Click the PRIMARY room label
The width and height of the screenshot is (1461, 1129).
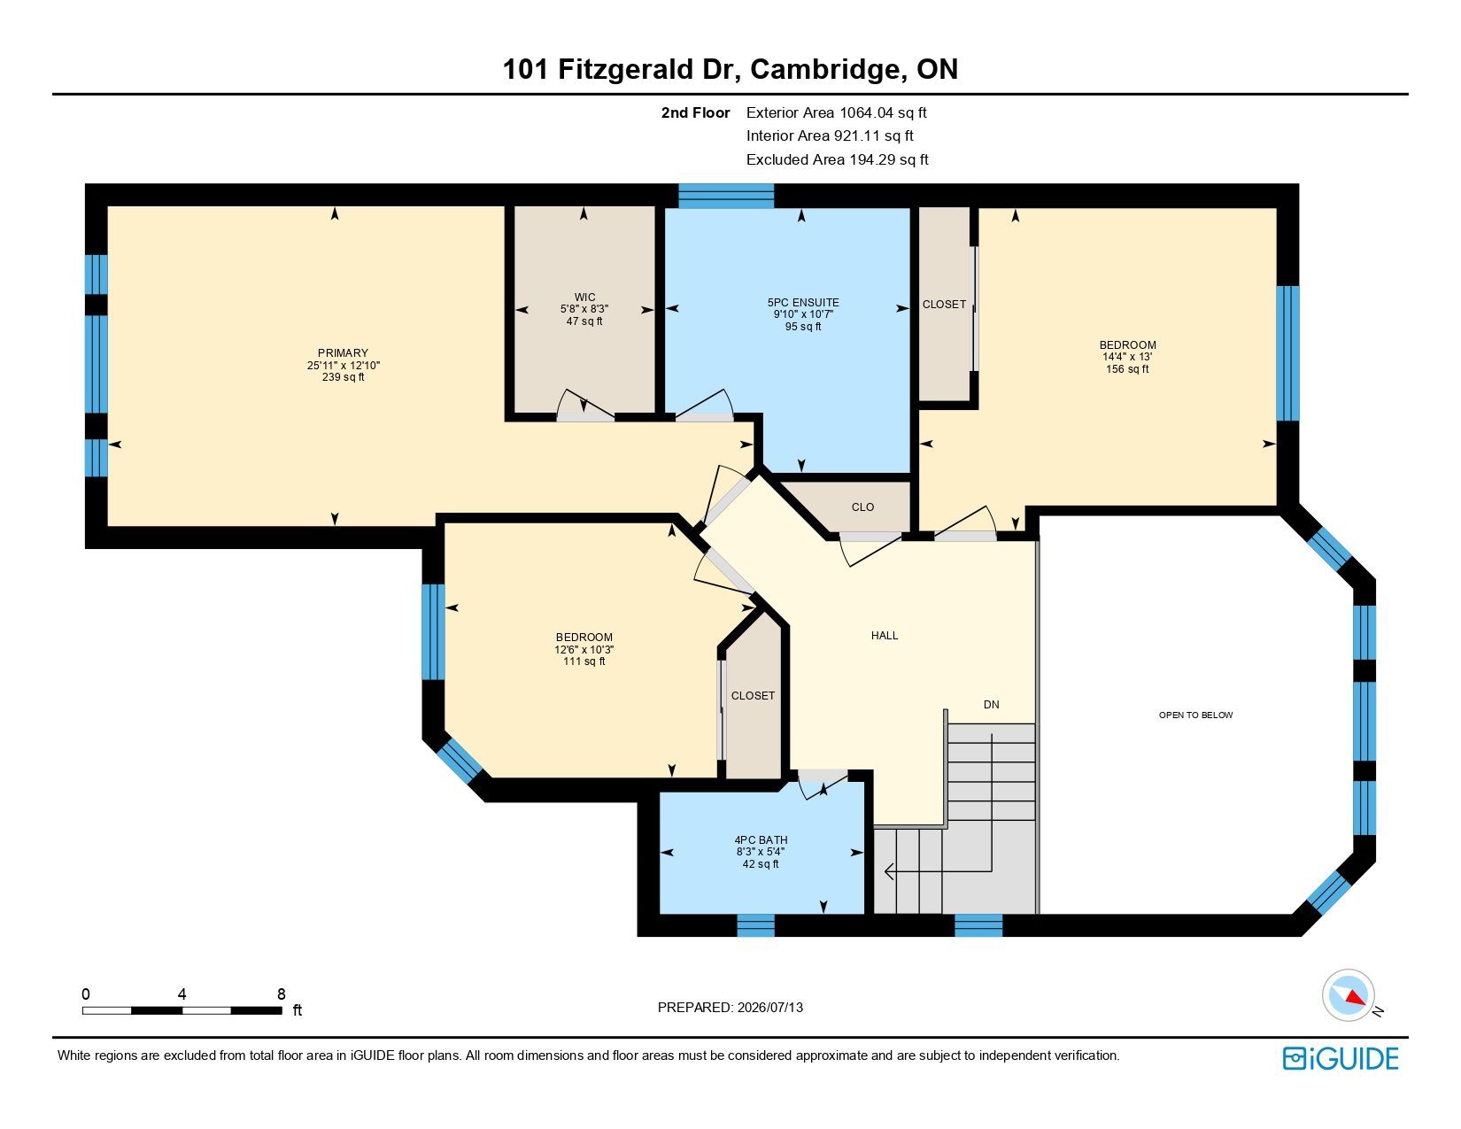click(x=343, y=353)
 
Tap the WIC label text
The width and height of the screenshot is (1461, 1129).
click(x=584, y=298)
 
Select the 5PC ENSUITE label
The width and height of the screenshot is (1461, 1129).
click(x=803, y=303)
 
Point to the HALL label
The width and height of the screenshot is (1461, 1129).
click(x=885, y=636)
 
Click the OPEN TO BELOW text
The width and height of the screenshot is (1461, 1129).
click(x=1195, y=715)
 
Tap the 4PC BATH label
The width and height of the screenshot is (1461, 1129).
click(x=761, y=839)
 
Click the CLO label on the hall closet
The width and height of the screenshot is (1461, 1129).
click(x=862, y=507)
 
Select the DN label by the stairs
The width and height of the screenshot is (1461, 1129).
click(x=991, y=705)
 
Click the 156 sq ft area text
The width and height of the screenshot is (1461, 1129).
click(x=1127, y=369)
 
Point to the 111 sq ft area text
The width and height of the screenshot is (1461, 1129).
click(x=584, y=661)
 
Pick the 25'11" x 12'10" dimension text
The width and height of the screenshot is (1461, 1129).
click(x=343, y=365)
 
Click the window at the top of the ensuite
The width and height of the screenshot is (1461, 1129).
click(x=725, y=196)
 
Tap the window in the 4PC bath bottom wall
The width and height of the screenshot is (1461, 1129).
click(x=755, y=925)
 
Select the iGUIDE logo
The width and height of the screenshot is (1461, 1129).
click(x=1341, y=1058)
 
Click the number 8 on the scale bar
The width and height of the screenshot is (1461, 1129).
click(x=281, y=994)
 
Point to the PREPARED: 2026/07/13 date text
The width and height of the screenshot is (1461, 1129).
click(x=730, y=1008)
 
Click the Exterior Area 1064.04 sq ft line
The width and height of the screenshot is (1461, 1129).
click(x=837, y=113)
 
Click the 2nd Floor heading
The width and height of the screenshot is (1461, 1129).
click(x=695, y=113)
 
